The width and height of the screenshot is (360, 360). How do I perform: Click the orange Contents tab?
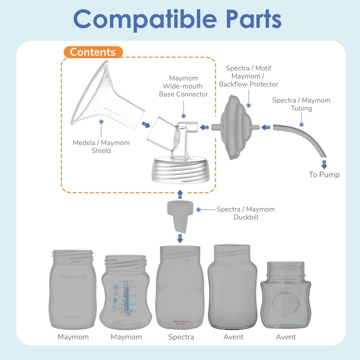point(93,52)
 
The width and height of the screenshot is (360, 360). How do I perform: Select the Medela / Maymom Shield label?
point(101,147)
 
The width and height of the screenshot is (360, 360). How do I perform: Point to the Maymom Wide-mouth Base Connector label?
point(184,86)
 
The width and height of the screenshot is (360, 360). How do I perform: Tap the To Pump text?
point(324,175)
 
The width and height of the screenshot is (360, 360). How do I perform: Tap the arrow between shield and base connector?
point(145,124)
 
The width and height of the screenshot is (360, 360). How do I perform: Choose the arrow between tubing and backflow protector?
point(266,127)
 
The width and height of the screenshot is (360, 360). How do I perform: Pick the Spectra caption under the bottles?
point(181,337)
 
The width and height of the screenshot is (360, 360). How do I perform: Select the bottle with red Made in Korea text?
point(179,288)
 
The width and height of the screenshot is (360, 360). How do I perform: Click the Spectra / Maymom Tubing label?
point(301,104)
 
